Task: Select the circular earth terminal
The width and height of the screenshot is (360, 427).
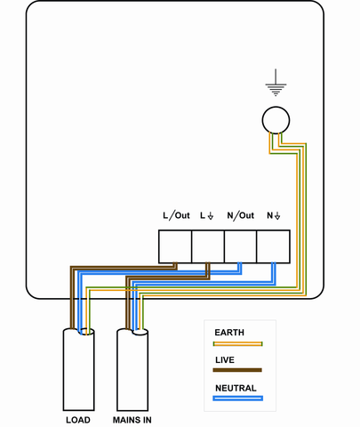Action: pos(276,119)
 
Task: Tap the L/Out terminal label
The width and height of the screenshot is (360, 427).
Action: pos(176,215)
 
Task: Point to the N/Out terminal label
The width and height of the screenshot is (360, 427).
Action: pos(240,215)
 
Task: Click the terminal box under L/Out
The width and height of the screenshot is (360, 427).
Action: pos(175,246)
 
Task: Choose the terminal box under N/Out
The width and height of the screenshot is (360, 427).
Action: pos(240,246)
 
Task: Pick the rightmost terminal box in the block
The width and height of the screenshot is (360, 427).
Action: pos(273,246)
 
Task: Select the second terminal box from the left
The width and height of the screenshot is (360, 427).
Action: pos(208,246)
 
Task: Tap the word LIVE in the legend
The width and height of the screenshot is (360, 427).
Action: pos(225,359)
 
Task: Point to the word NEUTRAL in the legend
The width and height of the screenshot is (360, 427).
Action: pos(236,388)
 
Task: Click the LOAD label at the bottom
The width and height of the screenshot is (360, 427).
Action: pos(78,418)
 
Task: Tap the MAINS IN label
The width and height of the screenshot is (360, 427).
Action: pos(133,418)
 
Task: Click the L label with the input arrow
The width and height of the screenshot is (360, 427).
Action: pos(207,215)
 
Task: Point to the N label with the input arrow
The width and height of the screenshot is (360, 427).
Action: pos(273,215)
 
